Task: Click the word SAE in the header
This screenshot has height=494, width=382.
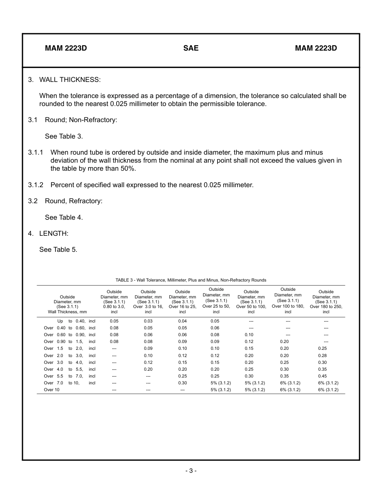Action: click(191, 48)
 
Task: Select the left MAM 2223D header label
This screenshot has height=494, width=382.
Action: click(66, 48)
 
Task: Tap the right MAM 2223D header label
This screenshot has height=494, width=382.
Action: click(316, 48)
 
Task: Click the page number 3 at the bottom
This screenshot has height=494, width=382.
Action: click(191, 471)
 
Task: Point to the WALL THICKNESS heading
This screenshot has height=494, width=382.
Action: click(70, 80)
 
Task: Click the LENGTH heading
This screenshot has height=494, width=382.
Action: click(54, 233)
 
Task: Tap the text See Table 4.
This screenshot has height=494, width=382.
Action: click(64, 217)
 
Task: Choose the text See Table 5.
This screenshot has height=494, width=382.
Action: click(58, 249)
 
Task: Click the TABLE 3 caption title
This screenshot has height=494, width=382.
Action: click(191, 280)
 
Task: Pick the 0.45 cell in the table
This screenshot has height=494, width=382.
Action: click(322, 376)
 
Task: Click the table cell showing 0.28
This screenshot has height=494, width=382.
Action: click(322, 355)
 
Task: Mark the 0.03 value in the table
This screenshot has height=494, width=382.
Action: click(148, 321)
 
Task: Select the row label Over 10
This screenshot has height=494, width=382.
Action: click(51, 390)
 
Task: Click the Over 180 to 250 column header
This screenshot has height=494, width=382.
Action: click(326, 302)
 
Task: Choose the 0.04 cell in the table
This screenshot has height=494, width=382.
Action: click(182, 321)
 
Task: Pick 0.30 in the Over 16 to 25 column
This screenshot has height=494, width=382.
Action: click(182, 383)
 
